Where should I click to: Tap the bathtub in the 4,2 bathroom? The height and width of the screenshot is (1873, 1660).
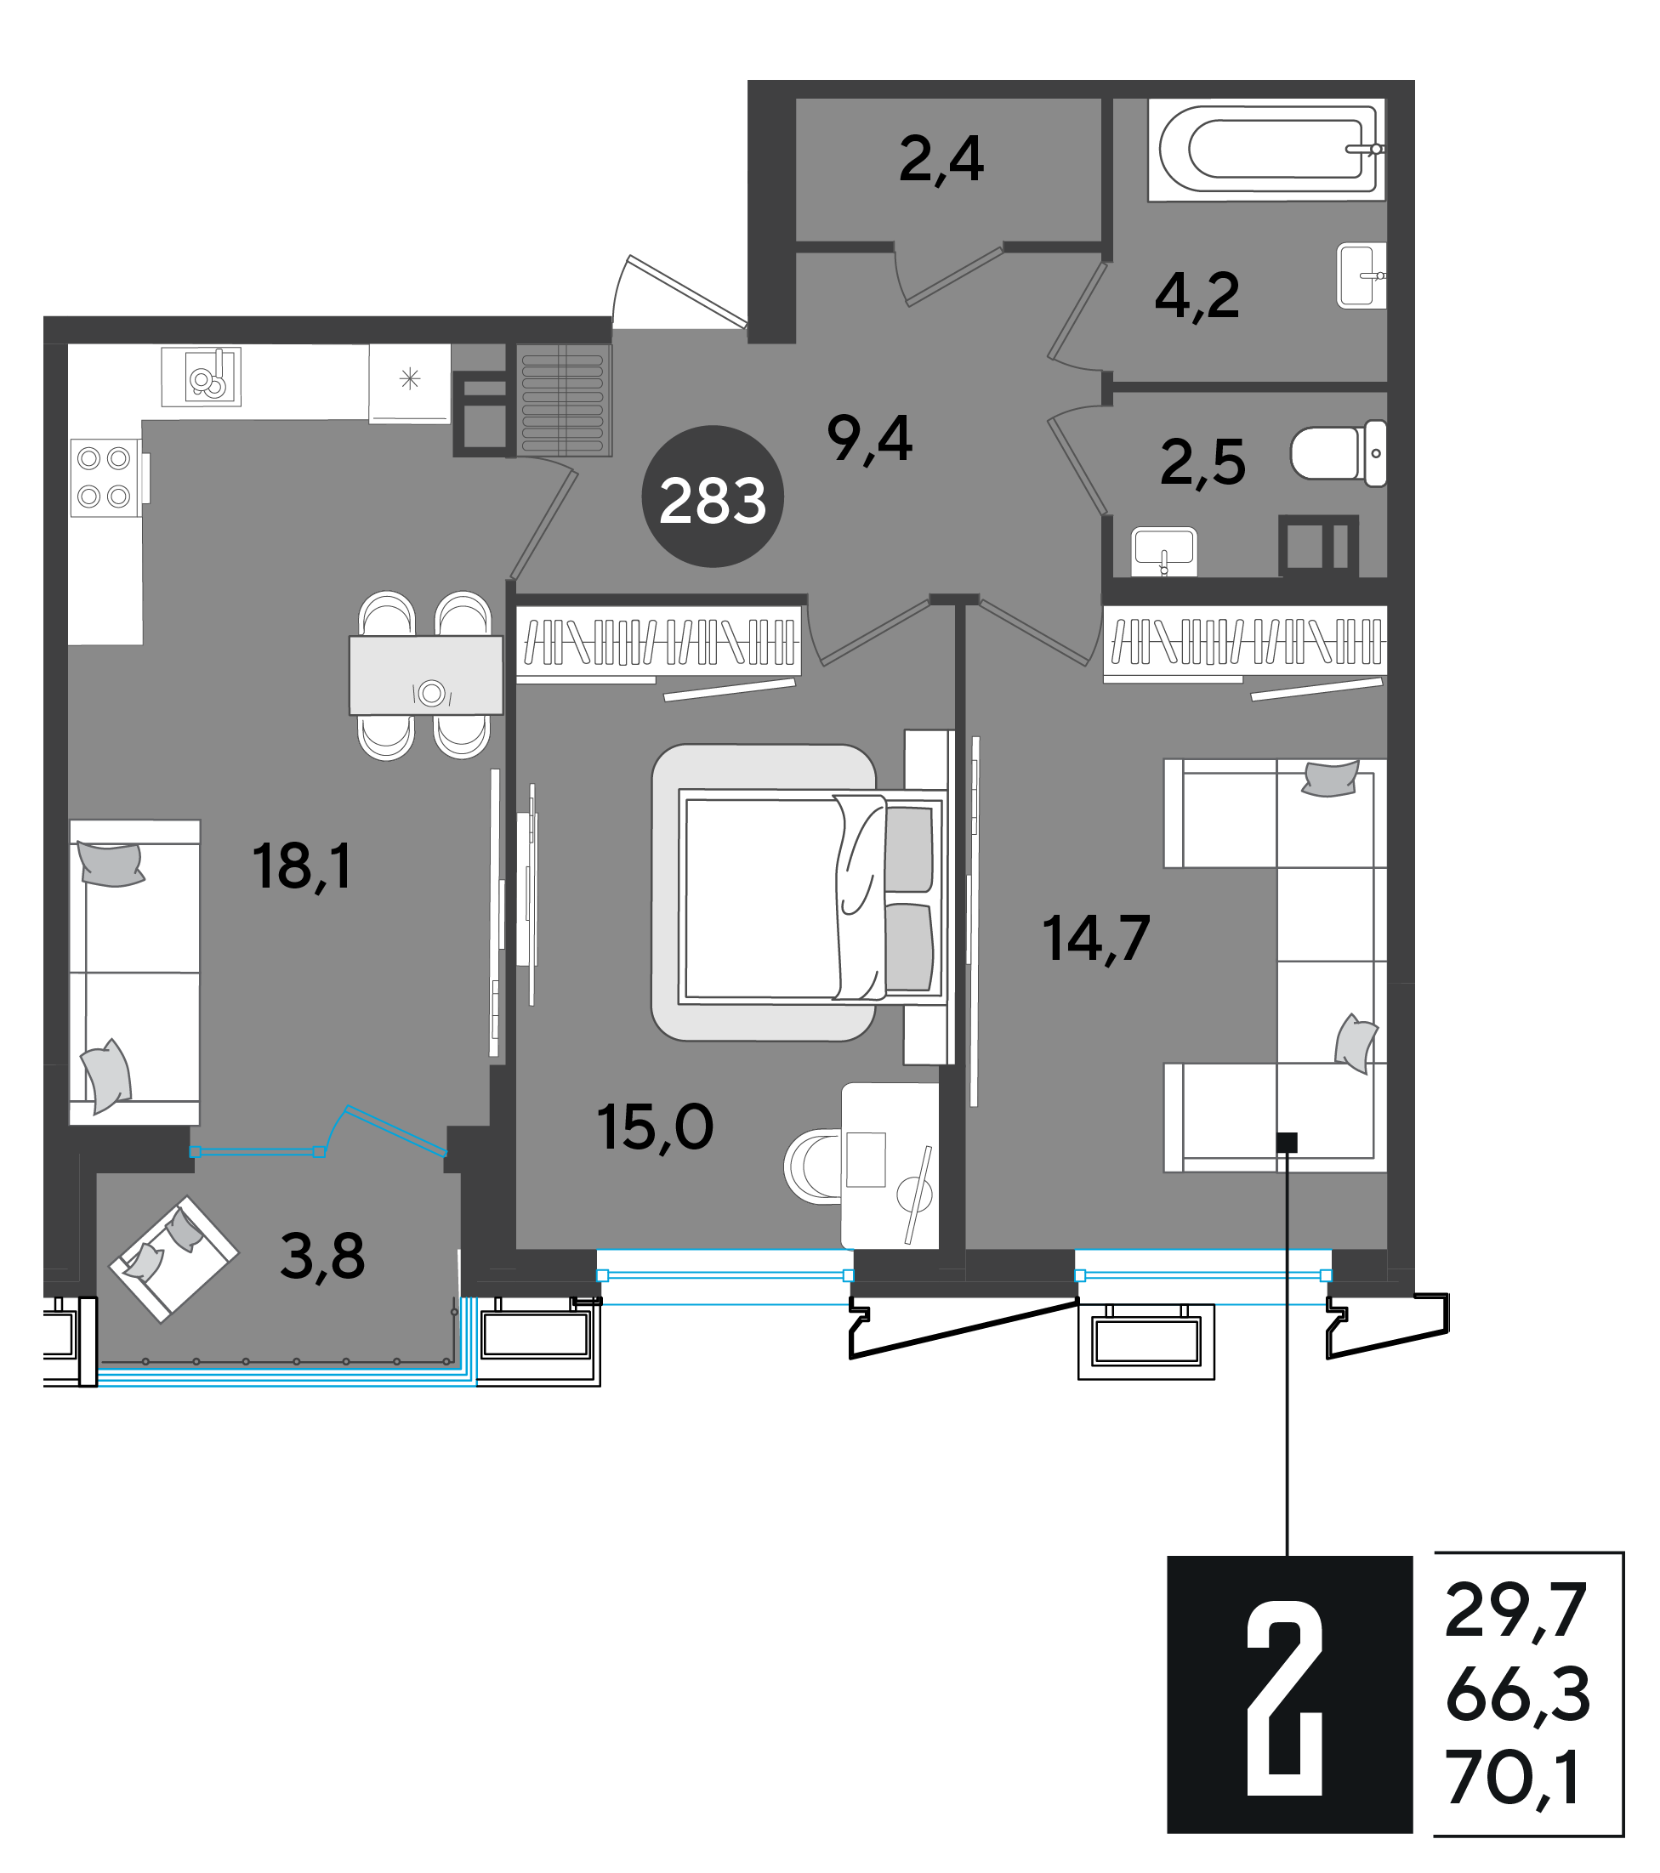click(1267, 150)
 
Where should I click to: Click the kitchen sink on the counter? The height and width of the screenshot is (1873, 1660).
click(202, 377)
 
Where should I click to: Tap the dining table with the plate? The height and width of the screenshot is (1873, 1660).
click(426, 674)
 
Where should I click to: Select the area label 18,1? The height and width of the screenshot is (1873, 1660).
click(303, 866)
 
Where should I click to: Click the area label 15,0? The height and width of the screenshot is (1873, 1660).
click(656, 1127)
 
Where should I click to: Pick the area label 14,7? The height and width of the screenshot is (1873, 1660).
click(1096, 939)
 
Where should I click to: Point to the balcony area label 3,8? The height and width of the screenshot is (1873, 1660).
click(322, 1257)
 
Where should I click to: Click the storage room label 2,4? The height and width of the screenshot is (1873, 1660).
click(941, 160)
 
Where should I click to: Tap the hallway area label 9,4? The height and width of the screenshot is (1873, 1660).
click(870, 439)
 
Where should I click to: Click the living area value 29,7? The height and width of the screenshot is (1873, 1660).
click(1515, 1611)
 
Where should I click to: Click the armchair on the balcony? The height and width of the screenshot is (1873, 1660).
click(173, 1259)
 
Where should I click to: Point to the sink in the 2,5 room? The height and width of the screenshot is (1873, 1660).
click(1164, 551)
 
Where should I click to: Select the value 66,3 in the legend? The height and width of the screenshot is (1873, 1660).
click(1517, 1694)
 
